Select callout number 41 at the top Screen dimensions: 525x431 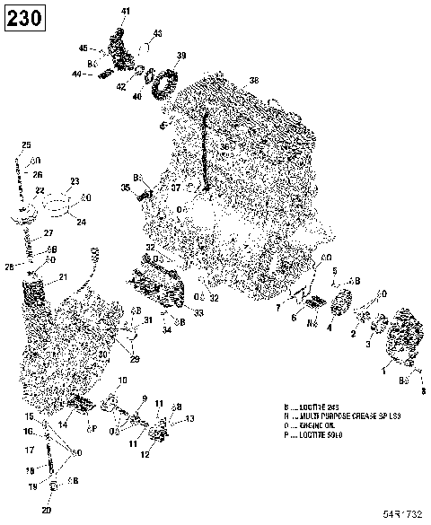tap(125, 11)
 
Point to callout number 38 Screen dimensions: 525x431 tap(254, 81)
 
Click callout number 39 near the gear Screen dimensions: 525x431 tap(181, 57)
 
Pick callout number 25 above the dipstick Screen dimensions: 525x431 tap(26, 145)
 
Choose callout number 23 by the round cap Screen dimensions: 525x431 tap(75, 181)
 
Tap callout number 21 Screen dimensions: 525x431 tap(63, 276)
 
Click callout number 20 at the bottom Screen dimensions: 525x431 tap(46, 511)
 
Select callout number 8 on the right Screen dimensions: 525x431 tap(424, 391)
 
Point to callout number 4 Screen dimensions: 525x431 tap(330, 328)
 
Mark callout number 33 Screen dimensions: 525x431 tap(198, 312)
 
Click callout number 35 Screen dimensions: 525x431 tap(126, 187)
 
